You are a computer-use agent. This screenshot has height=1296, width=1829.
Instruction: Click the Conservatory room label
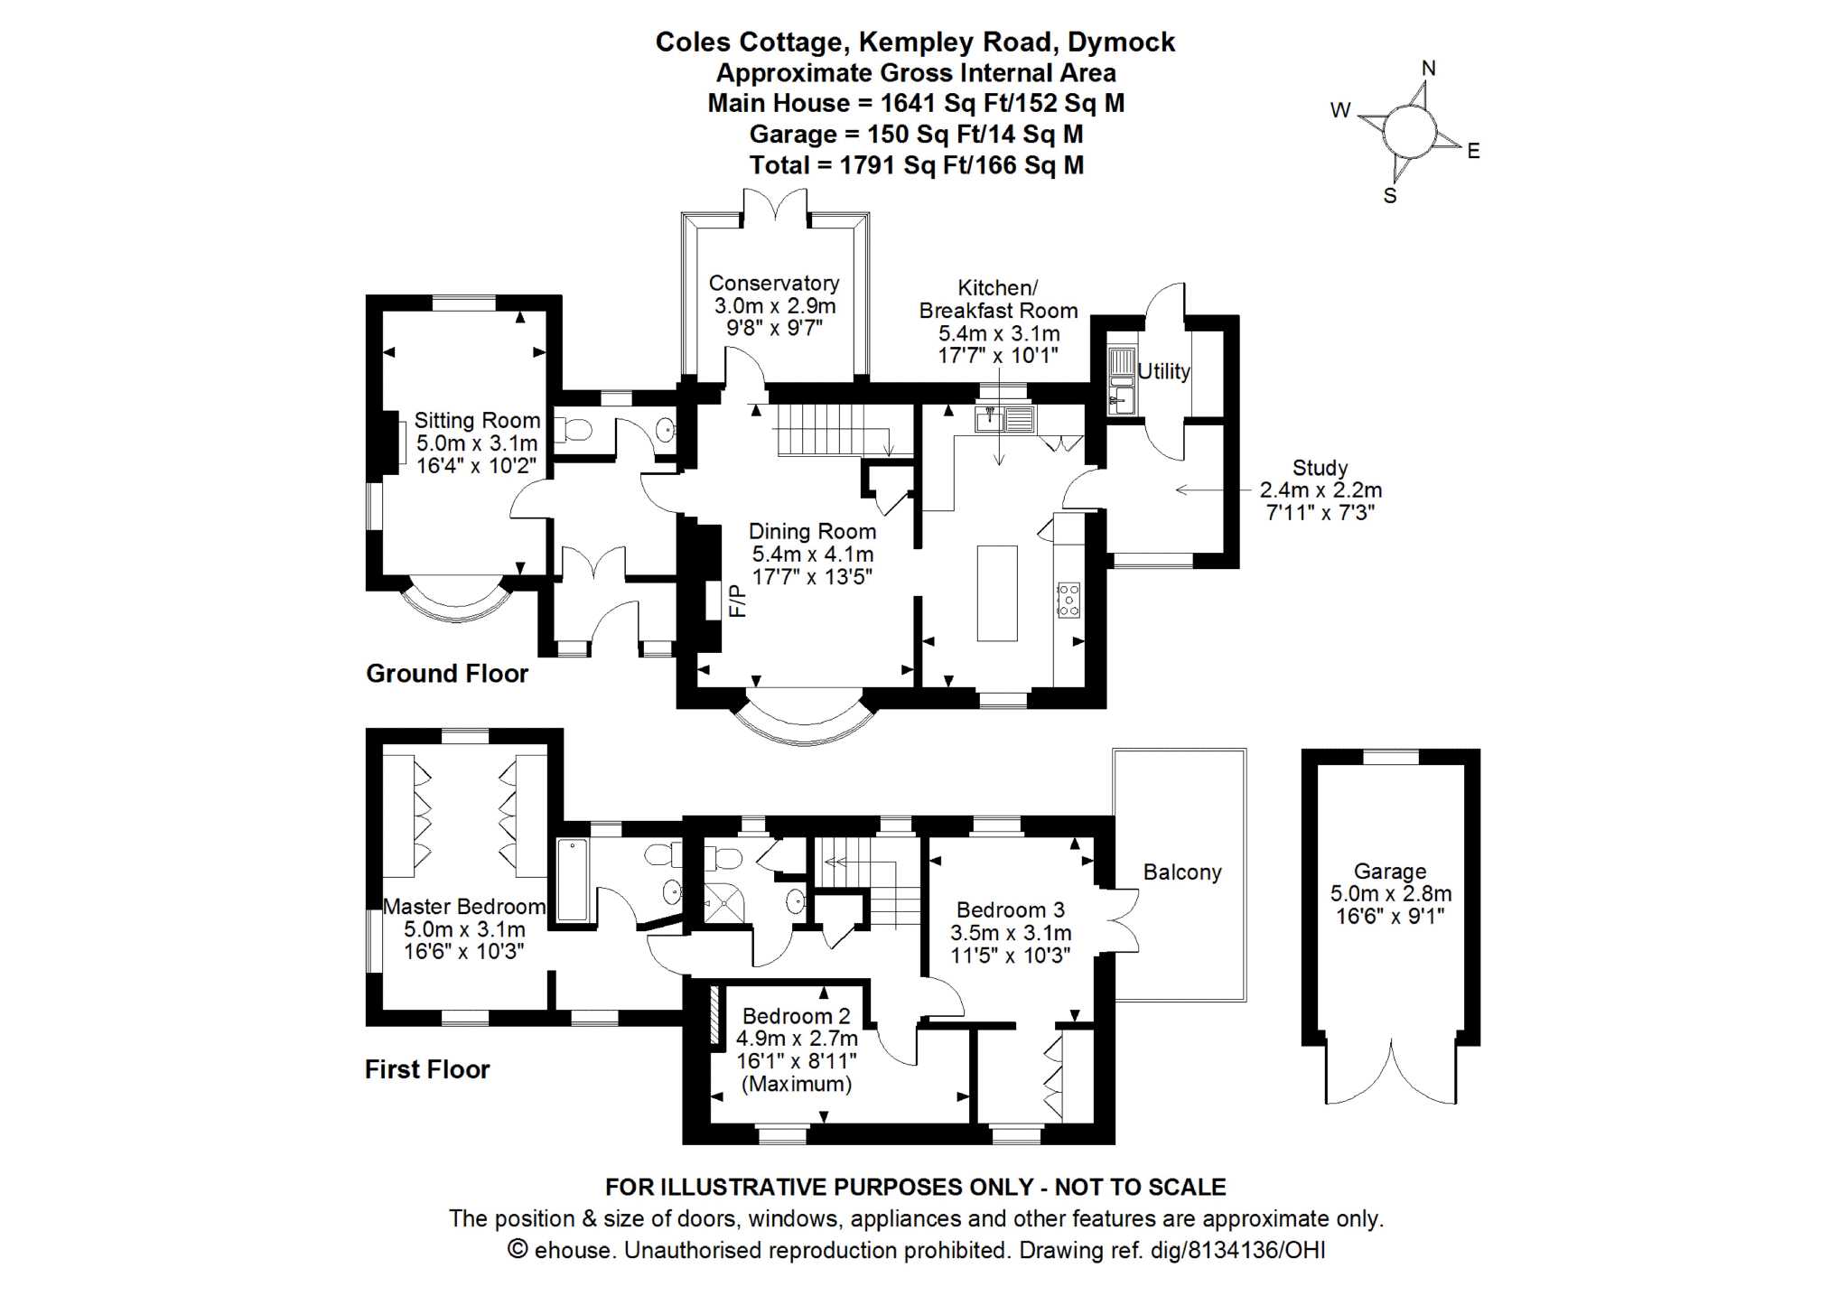pos(774,284)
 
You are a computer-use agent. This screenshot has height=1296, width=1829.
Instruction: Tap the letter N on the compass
pos(1428,69)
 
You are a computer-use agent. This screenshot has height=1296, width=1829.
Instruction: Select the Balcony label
pos(1181,872)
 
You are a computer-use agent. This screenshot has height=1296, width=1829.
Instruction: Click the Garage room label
pos(1390,872)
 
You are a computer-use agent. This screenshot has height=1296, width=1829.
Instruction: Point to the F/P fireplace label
pos(738,601)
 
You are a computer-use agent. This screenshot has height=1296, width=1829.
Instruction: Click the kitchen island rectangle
pos(997,592)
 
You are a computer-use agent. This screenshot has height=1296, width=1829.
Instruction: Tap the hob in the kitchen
pos(1068,600)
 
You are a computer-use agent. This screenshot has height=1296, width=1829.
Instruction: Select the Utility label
pos(1163,371)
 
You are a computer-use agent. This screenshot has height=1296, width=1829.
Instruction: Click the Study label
pos(1320,468)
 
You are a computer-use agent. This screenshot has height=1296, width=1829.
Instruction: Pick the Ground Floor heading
pos(447,674)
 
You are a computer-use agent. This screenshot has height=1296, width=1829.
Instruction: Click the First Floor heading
pos(427,1070)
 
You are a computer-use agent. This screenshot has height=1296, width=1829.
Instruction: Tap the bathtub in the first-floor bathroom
pos(573,880)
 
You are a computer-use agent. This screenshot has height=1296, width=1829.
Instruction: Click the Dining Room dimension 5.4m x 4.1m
pos(812,555)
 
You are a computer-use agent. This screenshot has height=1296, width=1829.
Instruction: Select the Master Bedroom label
pos(464,907)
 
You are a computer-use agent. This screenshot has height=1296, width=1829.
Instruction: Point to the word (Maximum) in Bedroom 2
pos(796,1084)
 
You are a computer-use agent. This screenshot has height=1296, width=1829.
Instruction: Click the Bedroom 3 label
pos(1011,910)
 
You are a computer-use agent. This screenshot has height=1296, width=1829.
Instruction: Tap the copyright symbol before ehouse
pos(518,1249)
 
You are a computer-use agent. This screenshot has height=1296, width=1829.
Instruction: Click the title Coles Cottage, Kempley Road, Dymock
pos(915,42)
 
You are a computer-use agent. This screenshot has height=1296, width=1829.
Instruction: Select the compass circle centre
pos(1409,132)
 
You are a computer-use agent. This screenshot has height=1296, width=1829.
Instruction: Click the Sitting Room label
pos(477,421)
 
